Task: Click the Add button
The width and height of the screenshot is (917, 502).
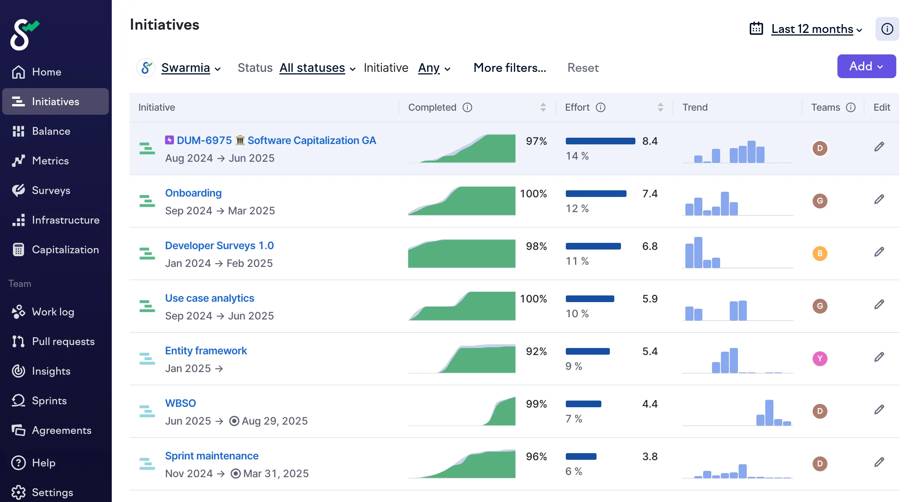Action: pos(866,66)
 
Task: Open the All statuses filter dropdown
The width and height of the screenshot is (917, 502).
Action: pos(317,68)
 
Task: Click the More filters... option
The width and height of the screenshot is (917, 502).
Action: pos(510,68)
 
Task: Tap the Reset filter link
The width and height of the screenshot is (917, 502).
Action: pos(583,68)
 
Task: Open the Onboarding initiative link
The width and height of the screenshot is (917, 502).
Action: pos(193,193)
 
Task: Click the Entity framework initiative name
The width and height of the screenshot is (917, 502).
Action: pos(206,351)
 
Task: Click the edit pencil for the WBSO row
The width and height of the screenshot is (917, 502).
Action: pos(879,409)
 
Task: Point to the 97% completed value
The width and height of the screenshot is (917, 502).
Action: pos(536,141)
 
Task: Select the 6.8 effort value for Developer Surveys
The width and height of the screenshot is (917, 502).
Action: pos(650,246)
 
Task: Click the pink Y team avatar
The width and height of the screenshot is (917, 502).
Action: pos(820,358)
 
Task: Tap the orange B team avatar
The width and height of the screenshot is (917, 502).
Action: pos(820,253)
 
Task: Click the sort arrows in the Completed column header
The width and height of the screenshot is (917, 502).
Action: pos(543,107)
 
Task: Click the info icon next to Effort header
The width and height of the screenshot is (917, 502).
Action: pos(600,107)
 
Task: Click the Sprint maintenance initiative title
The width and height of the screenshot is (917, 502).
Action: pos(212,456)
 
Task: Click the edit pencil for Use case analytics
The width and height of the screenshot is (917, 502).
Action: pos(879,304)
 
